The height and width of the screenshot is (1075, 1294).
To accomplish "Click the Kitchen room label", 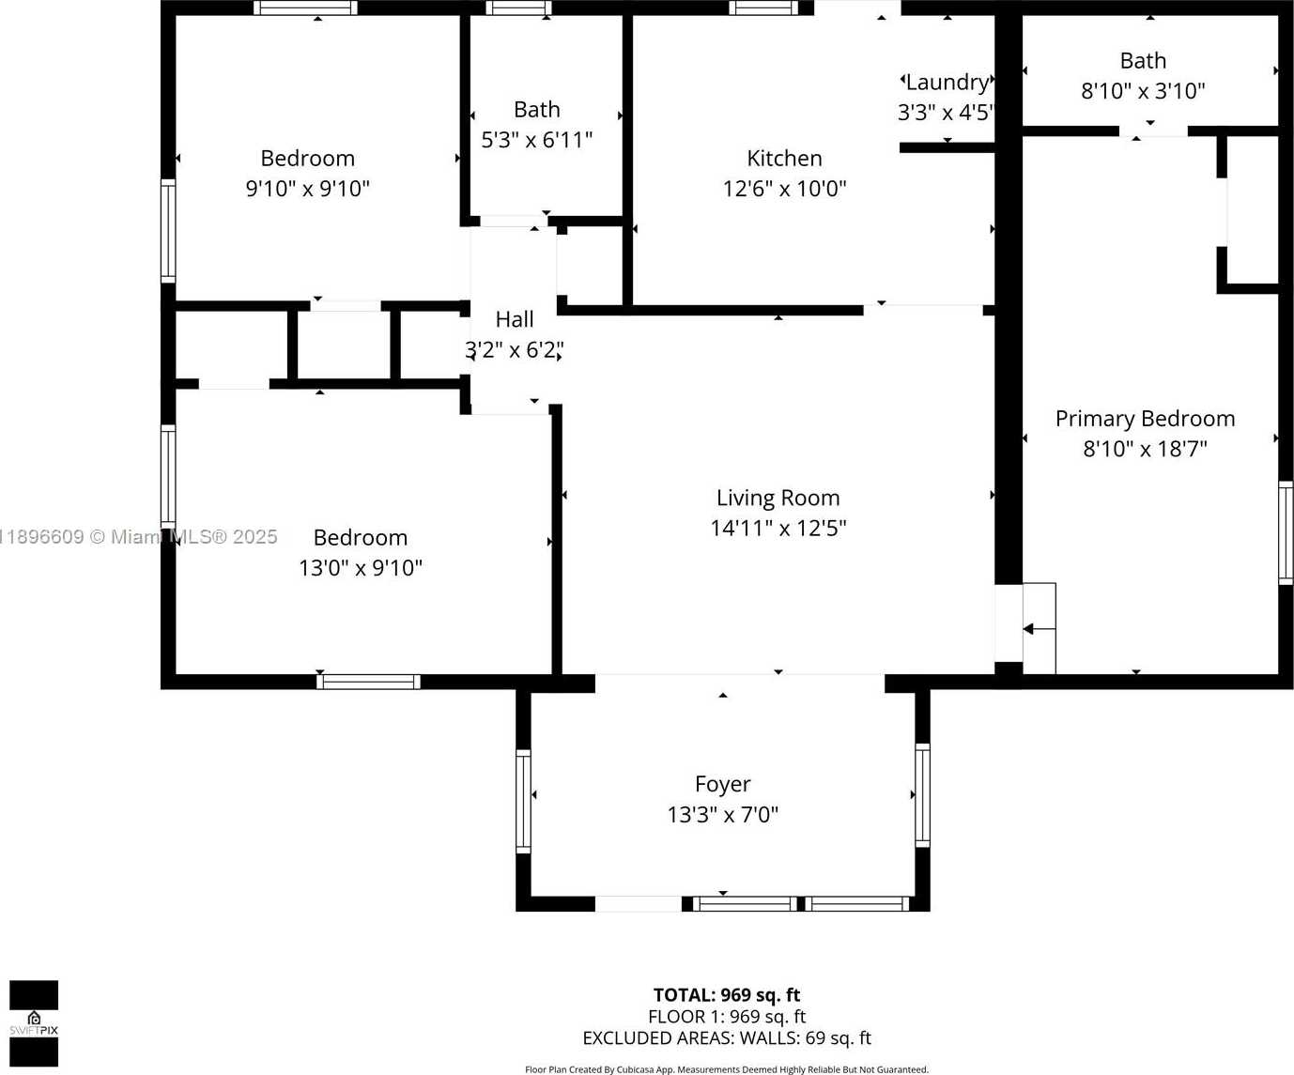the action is [x=784, y=158].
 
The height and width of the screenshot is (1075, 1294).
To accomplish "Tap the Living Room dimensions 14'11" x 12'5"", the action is [x=778, y=528].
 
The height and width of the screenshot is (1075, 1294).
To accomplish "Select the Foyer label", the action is [x=723, y=784].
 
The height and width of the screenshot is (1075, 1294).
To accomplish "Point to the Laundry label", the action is [x=947, y=83].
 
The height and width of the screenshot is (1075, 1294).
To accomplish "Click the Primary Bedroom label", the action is [x=1146, y=419].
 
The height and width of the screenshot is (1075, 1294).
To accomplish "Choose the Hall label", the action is [x=515, y=319].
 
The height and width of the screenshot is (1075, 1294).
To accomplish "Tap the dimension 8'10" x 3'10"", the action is [x=1143, y=91].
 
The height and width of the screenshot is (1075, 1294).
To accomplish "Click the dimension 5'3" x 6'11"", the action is [x=537, y=140].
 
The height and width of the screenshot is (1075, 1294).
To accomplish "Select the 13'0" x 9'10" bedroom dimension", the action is [x=360, y=568].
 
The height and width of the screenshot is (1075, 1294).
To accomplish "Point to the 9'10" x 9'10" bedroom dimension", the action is [x=307, y=189].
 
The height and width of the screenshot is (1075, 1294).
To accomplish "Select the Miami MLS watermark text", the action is [x=138, y=537].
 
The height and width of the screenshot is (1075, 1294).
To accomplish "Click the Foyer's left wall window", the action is [x=524, y=802].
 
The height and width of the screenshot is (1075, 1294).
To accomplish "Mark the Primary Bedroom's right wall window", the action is [x=1286, y=533].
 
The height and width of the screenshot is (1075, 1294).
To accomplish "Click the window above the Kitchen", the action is [x=763, y=8].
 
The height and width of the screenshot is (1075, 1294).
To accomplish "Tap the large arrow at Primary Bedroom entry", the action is [x=1039, y=630].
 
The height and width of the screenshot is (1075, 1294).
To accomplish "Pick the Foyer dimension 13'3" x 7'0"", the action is [x=723, y=814].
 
